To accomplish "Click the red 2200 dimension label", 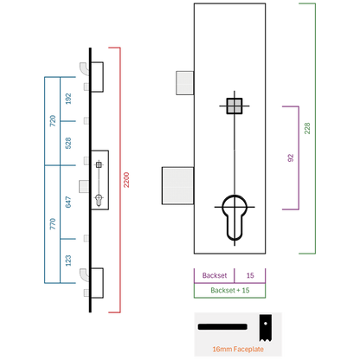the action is (x=126, y=180).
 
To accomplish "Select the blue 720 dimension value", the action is (x=53, y=121).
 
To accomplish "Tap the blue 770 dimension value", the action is (x=53, y=224).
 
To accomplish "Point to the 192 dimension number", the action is (x=68, y=99).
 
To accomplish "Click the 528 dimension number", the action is (x=68, y=143).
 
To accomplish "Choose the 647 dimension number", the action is (x=68, y=202).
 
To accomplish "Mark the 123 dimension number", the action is (x=68, y=260).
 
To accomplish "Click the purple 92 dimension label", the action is (x=291, y=157).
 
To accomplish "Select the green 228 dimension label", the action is (x=307, y=128).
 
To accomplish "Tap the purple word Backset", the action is (x=215, y=275).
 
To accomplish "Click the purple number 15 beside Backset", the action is (x=250, y=275).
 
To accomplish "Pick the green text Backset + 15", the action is (x=230, y=290).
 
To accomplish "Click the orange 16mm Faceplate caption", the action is (x=238, y=349).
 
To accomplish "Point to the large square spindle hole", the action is (x=235, y=106).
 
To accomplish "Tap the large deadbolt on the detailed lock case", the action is (x=177, y=186).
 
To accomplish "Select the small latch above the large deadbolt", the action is (x=185, y=83).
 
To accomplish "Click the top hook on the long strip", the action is (x=84, y=69).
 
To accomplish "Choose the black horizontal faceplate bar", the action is (x=222, y=327).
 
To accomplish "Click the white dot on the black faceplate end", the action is (x=266, y=324).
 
